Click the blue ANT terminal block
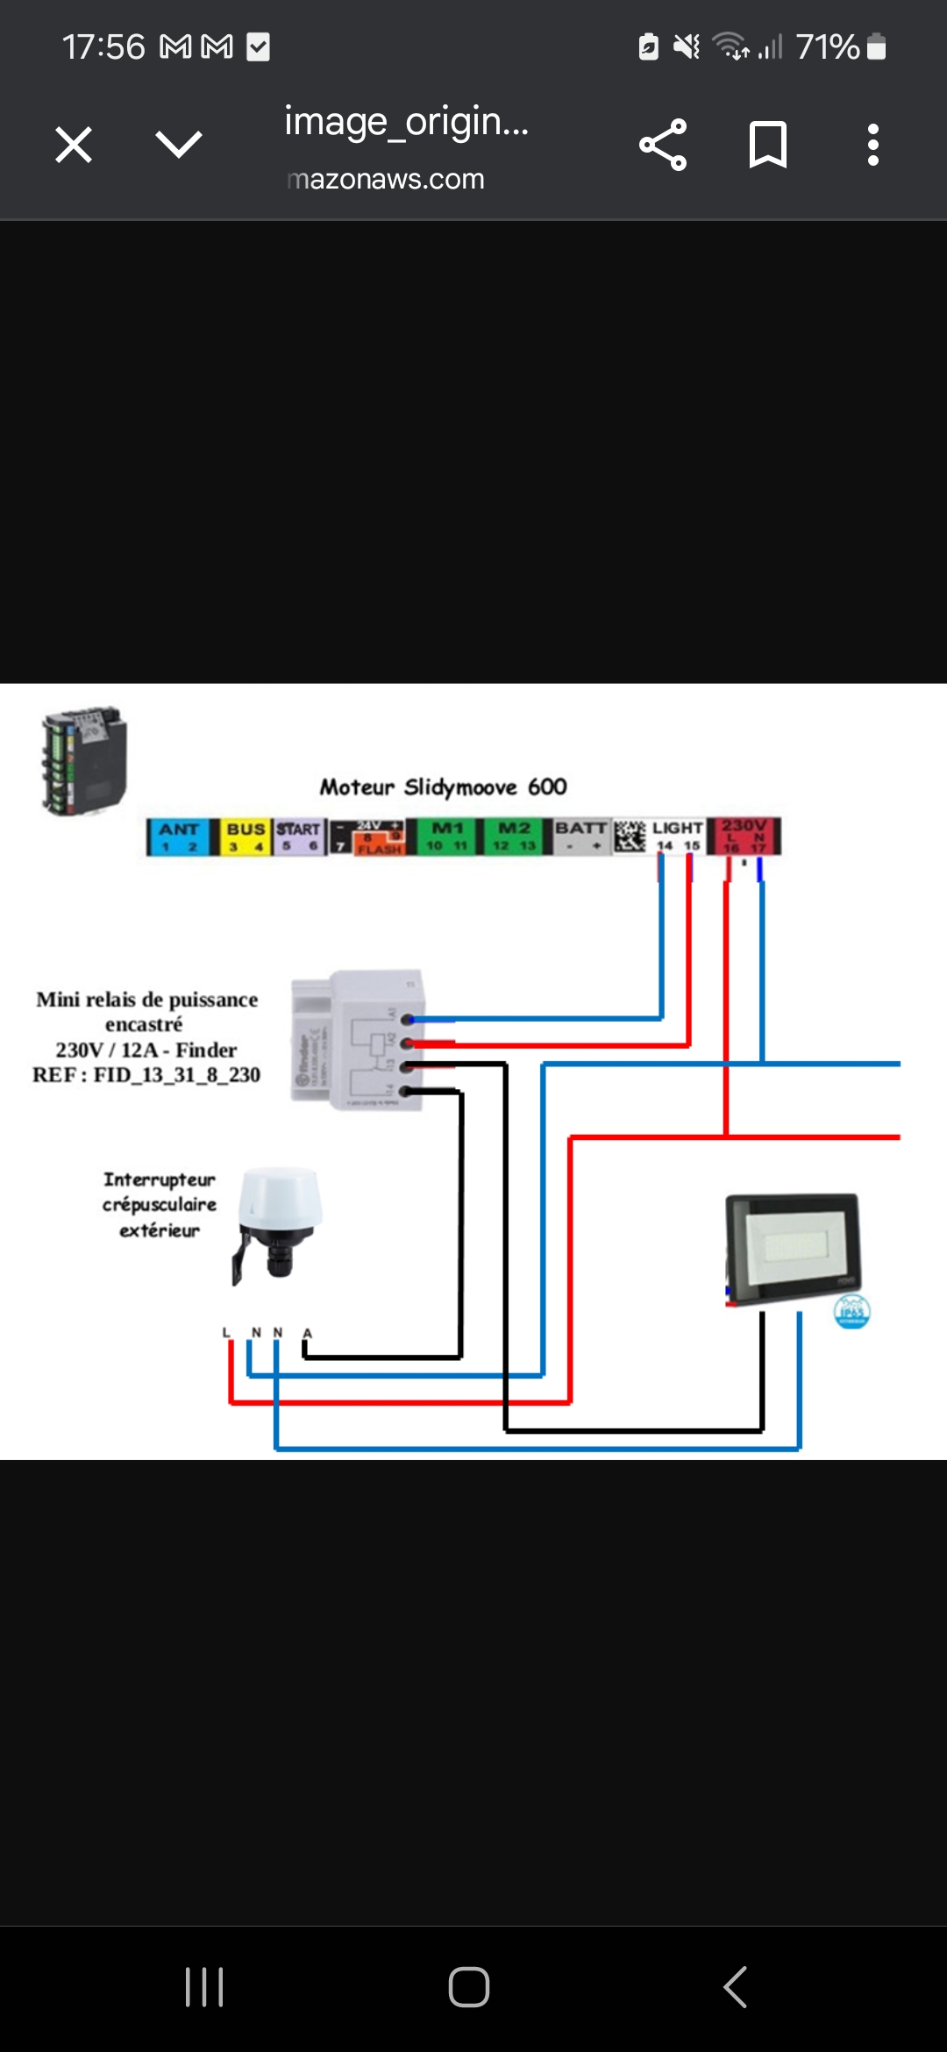pos(179,837)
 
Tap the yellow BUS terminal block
pos(246,837)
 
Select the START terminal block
pos(299,837)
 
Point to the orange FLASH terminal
pos(380,848)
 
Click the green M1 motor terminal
pos(447,837)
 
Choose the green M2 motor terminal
pos(514,837)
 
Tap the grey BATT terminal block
pos(580,836)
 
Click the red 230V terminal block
pos(744,836)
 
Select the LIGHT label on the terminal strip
pos(677,828)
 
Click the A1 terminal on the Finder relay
pos(407,1019)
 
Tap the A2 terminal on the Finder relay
pos(407,1044)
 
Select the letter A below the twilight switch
pos(307,1333)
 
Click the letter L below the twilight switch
pos(226,1333)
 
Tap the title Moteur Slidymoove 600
pos(443,787)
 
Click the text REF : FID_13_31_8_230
pos(146,1075)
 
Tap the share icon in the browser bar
pos(663,145)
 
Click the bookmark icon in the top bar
pos(768,145)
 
